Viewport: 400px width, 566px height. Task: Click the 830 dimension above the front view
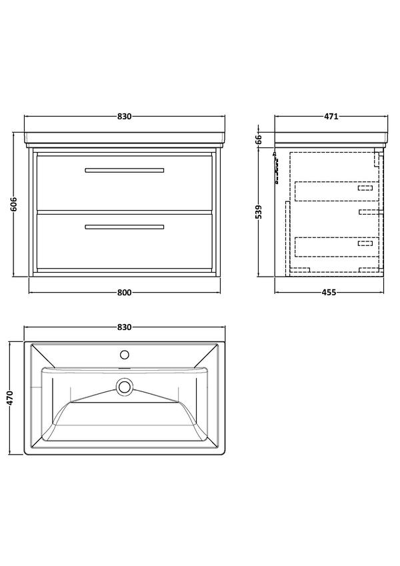tap(124, 117)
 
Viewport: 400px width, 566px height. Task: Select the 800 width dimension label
tap(124, 293)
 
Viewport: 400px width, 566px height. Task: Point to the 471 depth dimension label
tap(331, 117)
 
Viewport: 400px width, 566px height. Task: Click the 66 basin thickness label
tap(259, 139)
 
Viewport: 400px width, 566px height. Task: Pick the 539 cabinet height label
tap(259, 212)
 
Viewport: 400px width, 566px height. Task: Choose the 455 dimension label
tap(329, 293)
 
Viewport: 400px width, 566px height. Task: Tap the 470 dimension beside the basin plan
tap(9, 398)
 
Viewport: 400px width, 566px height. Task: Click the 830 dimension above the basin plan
tap(124, 327)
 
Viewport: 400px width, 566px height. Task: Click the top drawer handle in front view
tap(125, 171)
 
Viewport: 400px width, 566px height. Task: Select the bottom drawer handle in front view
tap(125, 227)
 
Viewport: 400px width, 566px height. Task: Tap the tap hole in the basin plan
tap(125, 355)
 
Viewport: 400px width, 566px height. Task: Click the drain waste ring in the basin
tap(125, 386)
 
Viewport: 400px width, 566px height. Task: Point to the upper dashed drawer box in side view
tap(337, 191)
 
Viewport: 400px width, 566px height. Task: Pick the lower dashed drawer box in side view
tap(337, 247)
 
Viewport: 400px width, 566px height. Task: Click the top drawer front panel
tap(125, 183)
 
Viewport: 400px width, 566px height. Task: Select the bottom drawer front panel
tap(125, 241)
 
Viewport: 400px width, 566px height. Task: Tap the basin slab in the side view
tap(331, 139)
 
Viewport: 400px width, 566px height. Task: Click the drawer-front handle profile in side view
tap(277, 167)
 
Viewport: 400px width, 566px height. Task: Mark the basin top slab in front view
tap(125, 139)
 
